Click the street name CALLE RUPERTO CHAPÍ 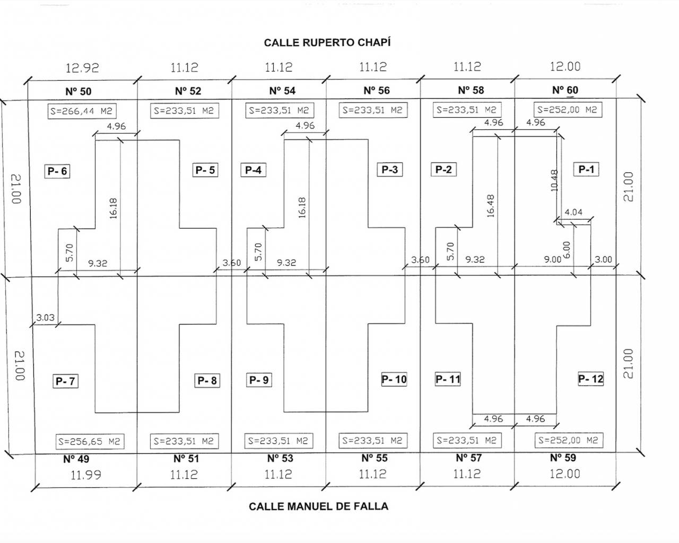point(327,42)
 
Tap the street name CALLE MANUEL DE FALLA point(318,506)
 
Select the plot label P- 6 point(57,171)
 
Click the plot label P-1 point(586,170)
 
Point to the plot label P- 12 point(590,379)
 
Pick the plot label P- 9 point(259,380)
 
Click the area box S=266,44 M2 point(82,111)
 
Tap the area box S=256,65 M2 point(90,441)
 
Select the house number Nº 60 point(565,90)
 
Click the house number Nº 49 point(76,459)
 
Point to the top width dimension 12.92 point(82,68)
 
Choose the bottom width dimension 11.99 point(85,475)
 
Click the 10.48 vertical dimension point(554,180)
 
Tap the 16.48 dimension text point(490,206)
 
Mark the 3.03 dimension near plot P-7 point(45,318)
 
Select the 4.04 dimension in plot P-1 point(573,212)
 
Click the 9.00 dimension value point(552,260)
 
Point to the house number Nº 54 point(282,91)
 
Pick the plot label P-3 point(389,170)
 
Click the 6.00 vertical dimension point(566,250)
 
